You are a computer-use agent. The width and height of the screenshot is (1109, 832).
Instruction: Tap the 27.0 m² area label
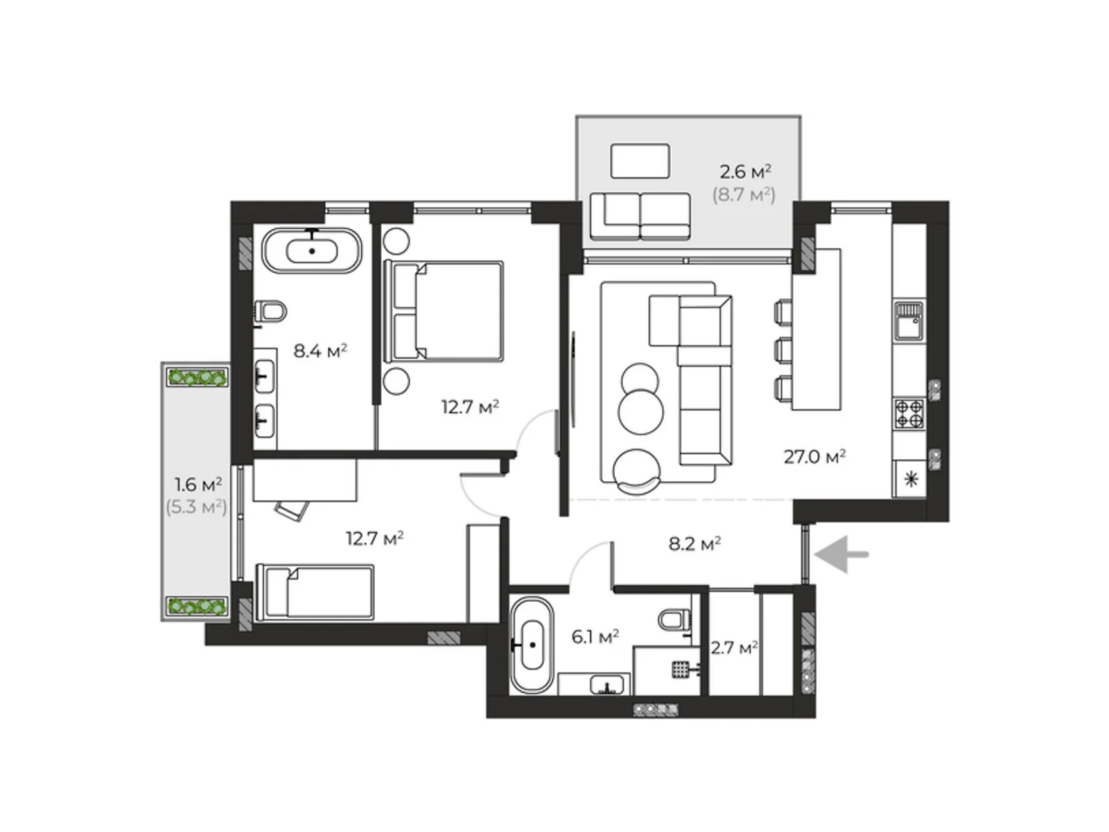(x=814, y=457)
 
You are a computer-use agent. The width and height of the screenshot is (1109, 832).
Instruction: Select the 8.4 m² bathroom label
(x=320, y=351)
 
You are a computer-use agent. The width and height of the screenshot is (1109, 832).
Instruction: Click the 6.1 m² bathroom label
(x=595, y=636)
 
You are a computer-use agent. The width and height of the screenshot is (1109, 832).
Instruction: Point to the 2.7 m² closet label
(x=733, y=648)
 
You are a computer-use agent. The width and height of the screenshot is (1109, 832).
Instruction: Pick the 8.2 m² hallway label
(x=695, y=544)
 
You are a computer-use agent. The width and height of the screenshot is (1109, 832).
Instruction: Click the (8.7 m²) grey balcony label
(x=744, y=195)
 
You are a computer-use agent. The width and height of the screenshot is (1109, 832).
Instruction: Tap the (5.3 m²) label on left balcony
(x=196, y=507)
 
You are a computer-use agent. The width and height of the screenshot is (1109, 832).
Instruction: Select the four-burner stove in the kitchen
(x=909, y=414)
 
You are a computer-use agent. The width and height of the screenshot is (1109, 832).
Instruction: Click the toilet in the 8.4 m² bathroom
(x=271, y=311)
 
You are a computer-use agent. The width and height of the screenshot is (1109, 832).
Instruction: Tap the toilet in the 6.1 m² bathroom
(x=674, y=618)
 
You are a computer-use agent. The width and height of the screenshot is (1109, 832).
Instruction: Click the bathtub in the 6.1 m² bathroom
(x=532, y=645)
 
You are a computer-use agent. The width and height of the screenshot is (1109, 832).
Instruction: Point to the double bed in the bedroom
(x=444, y=311)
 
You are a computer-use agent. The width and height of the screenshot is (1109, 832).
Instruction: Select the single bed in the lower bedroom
(x=315, y=591)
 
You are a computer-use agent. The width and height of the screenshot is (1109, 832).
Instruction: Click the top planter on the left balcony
(x=198, y=377)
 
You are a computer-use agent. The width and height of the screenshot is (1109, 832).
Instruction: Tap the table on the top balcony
(x=640, y=162)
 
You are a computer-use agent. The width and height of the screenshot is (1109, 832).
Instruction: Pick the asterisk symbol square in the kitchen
(x=910, y=479)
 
